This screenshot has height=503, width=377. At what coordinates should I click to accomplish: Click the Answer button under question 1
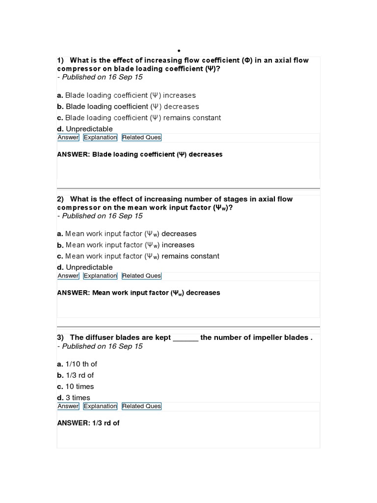[x=68, y=138]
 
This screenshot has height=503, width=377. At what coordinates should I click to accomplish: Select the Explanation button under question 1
[x=100, y=138]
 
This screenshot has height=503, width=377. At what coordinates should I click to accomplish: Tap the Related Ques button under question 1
[x=141, y=138]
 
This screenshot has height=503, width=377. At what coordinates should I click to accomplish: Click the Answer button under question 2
[x=68, y=276]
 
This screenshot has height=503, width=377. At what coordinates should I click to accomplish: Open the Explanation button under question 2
[x=100, y=276]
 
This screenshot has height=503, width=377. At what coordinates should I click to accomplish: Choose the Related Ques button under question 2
[x=141, y=276]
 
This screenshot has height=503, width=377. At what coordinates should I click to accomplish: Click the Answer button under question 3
[x=68, y=406]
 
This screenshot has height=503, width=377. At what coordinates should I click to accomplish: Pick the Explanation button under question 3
[x=100, y=406]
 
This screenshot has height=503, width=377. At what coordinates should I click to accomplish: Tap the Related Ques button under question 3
[x=141, y=406]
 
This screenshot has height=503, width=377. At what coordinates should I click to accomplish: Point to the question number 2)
[x=61, y=199]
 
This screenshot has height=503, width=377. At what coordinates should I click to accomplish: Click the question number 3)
[x=61, y=337]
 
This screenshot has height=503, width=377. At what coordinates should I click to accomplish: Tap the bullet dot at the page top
[x=179, y=51]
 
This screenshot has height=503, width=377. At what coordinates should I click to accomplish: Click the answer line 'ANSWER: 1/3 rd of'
[x=88, y=423]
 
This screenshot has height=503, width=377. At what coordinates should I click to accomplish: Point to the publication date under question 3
[x=100, y=346]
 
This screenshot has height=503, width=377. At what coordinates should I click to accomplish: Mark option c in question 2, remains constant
[x=138, y=256]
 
